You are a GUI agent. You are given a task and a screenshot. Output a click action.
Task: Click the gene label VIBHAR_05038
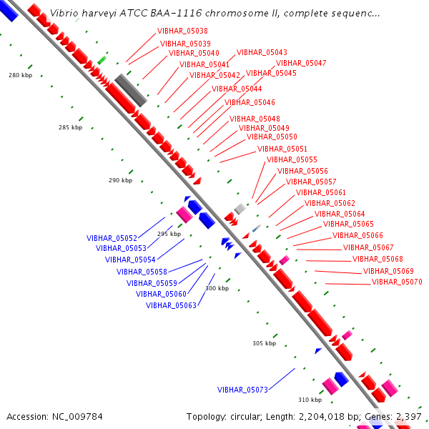pyautogui.click(x=182, y=31)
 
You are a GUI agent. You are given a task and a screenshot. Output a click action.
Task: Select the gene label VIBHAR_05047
pyautogui.click(x=301, y=63)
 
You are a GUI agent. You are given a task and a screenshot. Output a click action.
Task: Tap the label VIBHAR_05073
pyautogui.click(x=242, y=390)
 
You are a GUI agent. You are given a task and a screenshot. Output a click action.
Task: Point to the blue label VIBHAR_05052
pyautogui.click(x=112, y=238)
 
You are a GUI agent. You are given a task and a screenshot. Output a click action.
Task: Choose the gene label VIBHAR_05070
pyautogui.click(x=397, y=282)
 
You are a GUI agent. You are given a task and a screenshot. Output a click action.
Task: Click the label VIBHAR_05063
pyautogui.click(x=171, y=305)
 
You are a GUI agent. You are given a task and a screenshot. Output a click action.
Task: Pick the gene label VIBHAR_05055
pyautogui.click(x=292, y=159)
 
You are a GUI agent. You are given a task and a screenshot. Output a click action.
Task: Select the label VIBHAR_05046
pyautogui.click(x=250, y=102)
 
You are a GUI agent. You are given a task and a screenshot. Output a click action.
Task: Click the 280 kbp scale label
pyautogui.click(x=21, y=75)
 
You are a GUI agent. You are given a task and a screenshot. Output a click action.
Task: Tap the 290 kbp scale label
pyautogui.click(x=121, y=180)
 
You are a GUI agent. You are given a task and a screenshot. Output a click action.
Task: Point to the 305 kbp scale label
pyautogui.click(x=265, y=343)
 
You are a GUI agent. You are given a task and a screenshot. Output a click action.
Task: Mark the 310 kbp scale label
pyautogui.click(x=310, y=400)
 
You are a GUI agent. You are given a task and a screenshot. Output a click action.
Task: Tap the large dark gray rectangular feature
pyautogui.click(x=131, y=90)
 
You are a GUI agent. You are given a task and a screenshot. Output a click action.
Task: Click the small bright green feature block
pyautogui.click(x=102, y=60)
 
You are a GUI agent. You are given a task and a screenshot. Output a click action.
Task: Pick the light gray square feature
pyautogui.click(x=240, y=209)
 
